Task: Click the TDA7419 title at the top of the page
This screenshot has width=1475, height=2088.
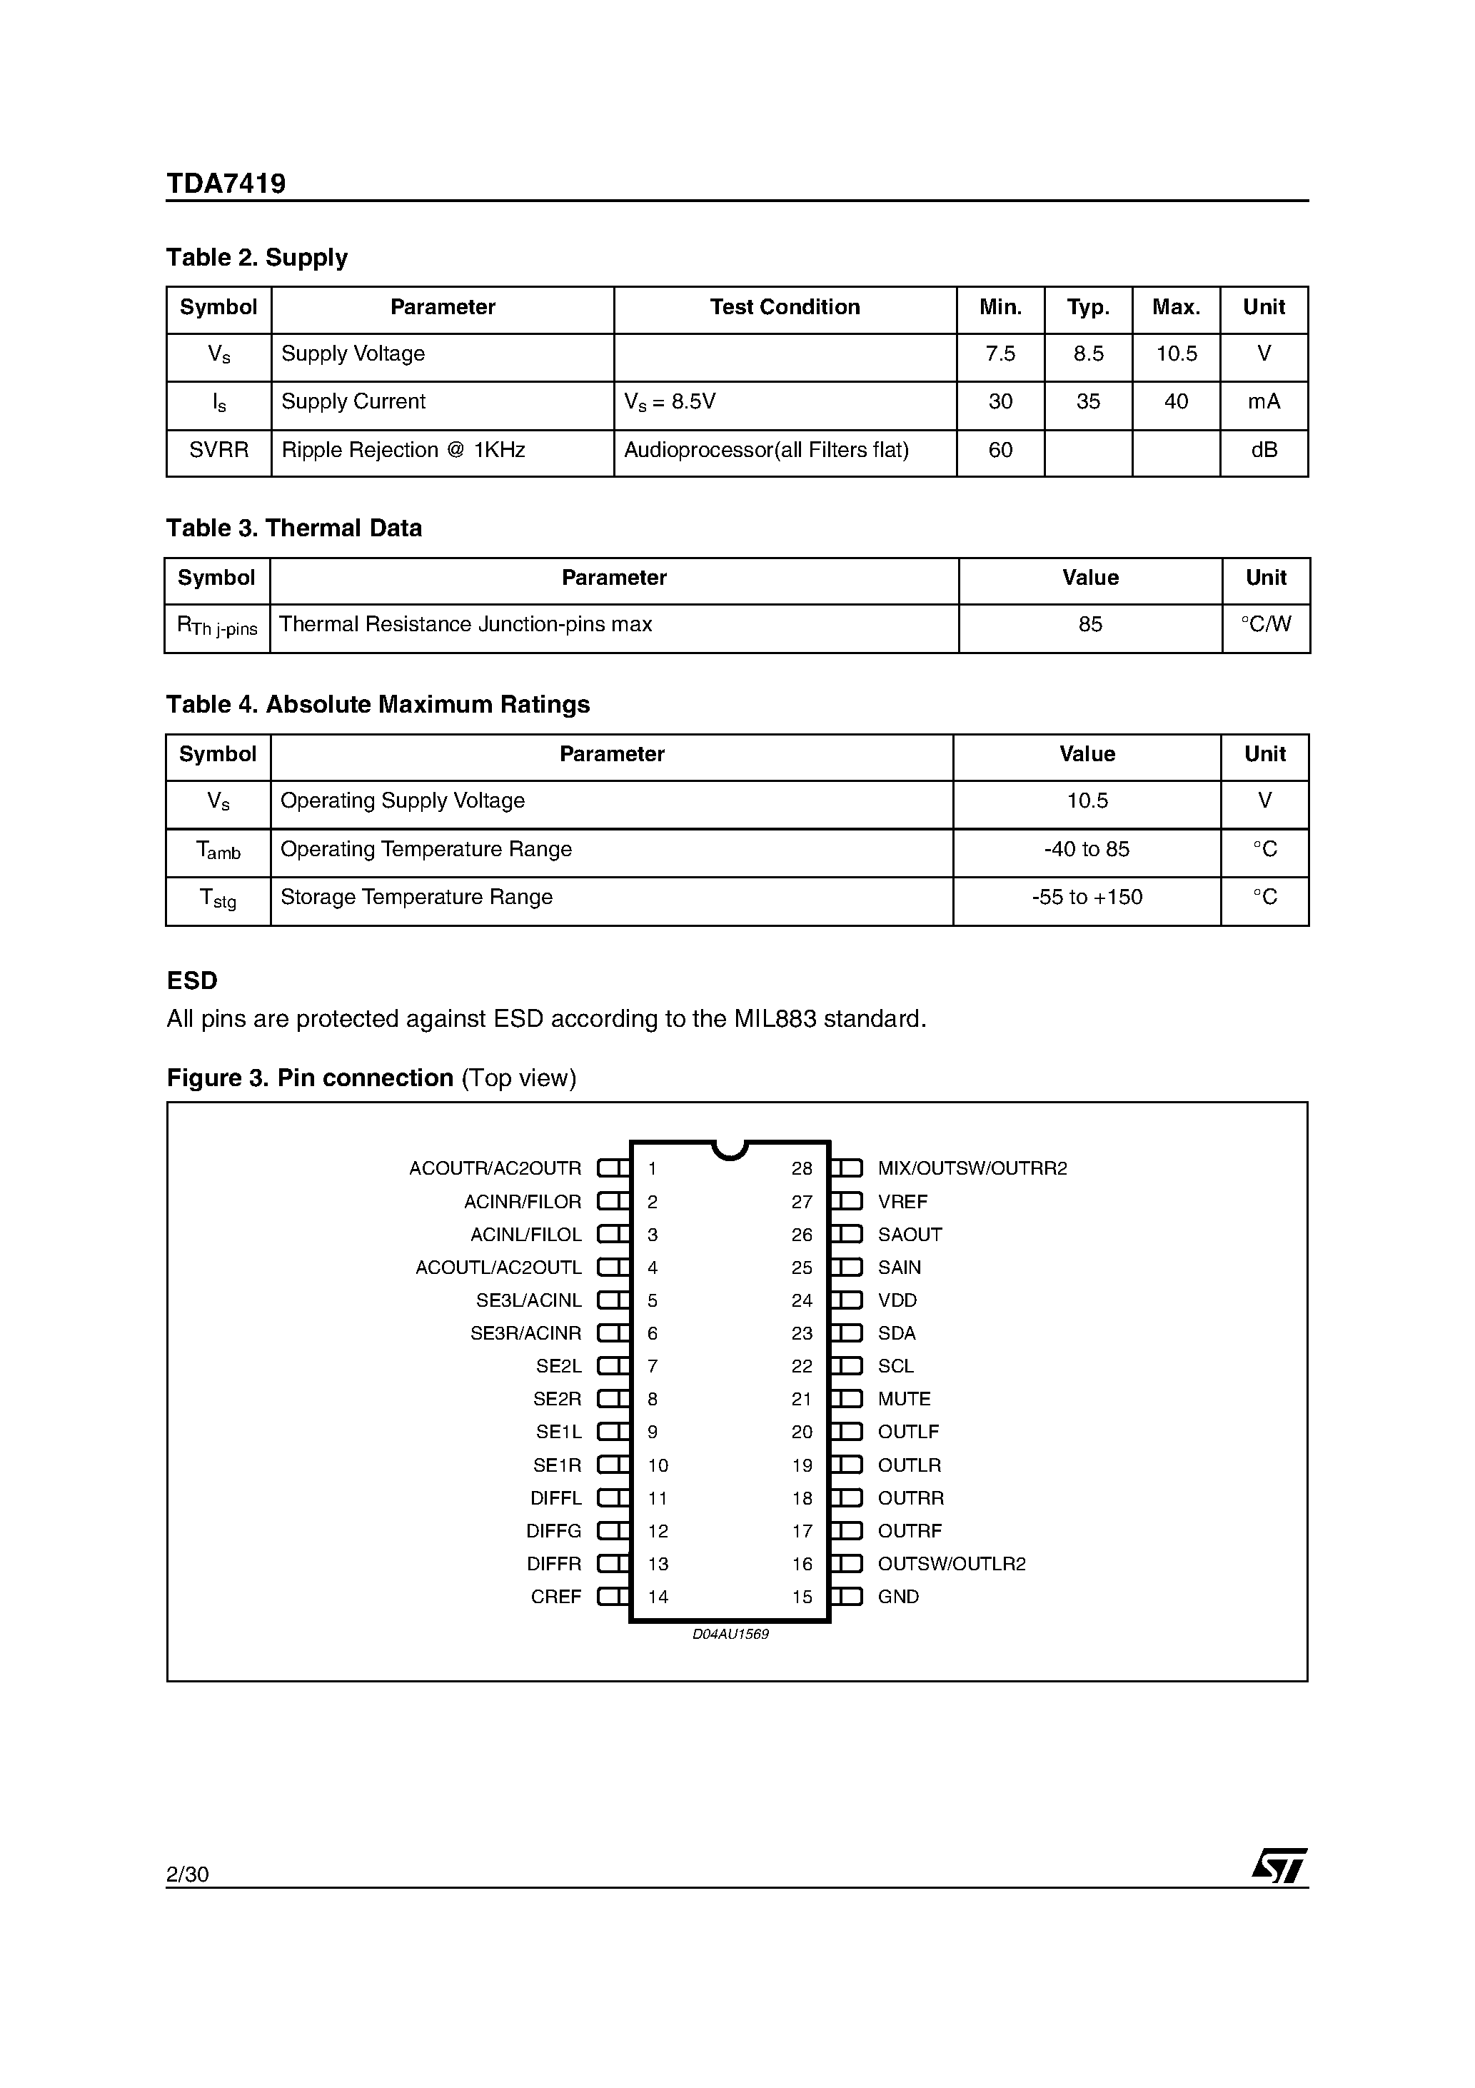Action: point(226,184)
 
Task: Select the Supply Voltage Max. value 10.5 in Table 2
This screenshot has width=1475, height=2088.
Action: point(1176,353)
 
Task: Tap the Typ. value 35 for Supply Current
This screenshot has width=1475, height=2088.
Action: point(1087,401)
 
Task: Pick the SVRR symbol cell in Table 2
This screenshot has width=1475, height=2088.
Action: point(218,450)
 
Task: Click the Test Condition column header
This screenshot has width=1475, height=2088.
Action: point(784,307)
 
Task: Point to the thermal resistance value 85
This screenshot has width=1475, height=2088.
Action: point(1089,625)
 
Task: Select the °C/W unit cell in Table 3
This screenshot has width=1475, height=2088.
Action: point(1265,625)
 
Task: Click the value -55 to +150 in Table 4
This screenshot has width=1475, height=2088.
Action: point(1087,898)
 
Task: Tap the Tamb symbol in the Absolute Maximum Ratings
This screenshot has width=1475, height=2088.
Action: point(218,850)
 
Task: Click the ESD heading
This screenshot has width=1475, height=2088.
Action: point(192,980)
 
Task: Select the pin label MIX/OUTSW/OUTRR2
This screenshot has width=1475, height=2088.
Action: point(971,1168)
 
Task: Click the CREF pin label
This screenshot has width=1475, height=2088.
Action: point(555,1597)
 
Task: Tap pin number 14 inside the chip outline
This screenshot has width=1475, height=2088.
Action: point(658,1597)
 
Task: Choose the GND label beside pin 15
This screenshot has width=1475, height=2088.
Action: point(897,1597)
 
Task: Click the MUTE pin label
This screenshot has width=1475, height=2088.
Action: point(903,1399)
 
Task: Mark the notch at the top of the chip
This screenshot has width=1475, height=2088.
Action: point(730,1150)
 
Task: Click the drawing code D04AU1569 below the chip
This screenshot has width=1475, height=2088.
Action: point(730,1635)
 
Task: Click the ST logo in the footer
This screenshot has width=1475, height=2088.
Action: point(1279,1866)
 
